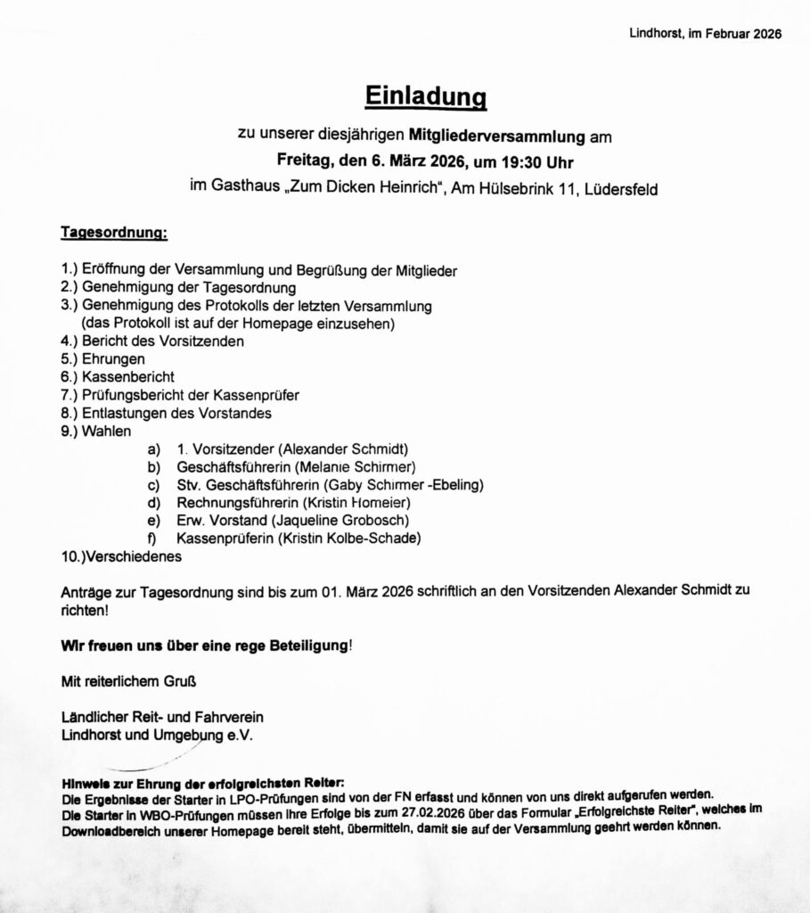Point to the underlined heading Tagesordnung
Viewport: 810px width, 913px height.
[x=113, y=233]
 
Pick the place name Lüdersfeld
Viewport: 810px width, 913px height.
[x=622, y=190]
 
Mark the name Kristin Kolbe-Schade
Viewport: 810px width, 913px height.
[x=350, y=538]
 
